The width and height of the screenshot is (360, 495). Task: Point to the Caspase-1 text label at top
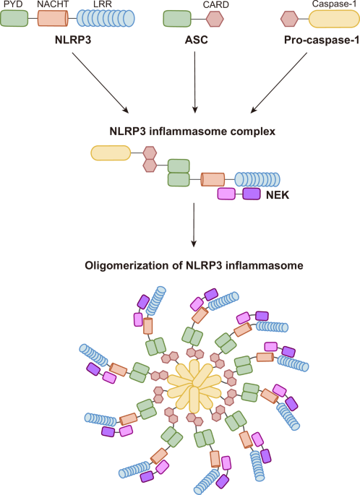click(332, 5)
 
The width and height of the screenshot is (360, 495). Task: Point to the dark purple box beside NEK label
click(251, 194)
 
